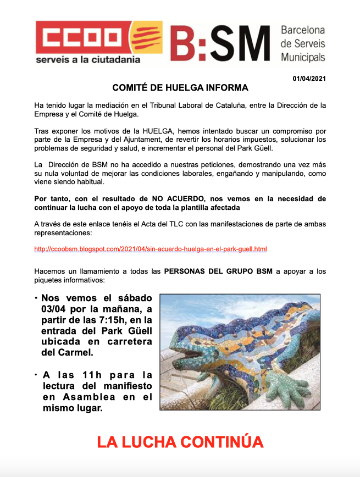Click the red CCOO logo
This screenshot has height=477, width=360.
coord(82,37)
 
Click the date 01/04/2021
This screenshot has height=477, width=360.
coord(309,79)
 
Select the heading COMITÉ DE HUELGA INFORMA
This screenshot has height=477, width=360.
coord(180,88)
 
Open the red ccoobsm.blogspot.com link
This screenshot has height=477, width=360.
coord(151,249)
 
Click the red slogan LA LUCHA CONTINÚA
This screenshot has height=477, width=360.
coord(180,442)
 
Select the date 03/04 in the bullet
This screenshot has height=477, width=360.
coord(53,310)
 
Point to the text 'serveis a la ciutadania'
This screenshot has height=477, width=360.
coord(88,59)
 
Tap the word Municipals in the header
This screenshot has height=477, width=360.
coord(303,57)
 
